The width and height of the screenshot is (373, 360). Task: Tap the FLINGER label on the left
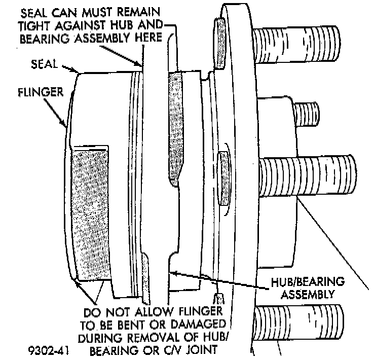coord(39,92)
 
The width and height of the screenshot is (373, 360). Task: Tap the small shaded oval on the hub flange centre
coord(223,175)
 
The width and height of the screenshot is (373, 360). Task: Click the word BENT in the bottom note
coord(122,323)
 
